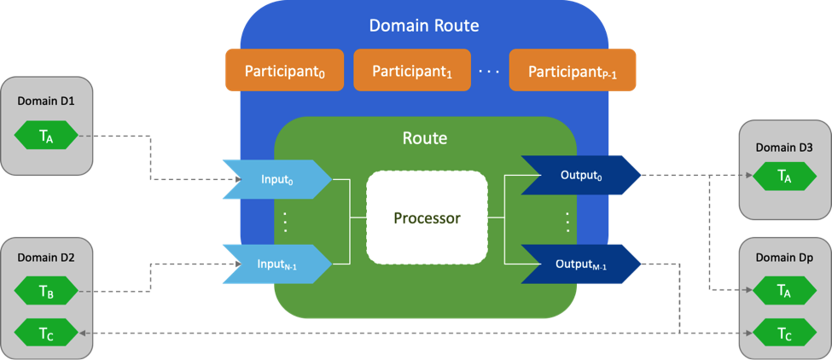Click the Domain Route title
click(424, 26)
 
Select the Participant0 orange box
click(283, 70)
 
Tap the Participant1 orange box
click(411, 70)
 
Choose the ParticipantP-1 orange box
click(573, 70)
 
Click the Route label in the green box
click(424, 136)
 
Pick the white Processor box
click(427, 218)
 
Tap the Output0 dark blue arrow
click(580, 176)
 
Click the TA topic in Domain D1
click(46, 136)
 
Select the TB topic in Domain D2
click(46, 293)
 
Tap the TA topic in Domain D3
click(783, 176)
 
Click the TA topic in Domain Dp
click(783, 292)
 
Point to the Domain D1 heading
click(46, 101)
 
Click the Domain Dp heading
click(783, 257)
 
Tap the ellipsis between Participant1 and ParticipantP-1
click(488, 72)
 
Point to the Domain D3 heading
click(783, 147)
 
